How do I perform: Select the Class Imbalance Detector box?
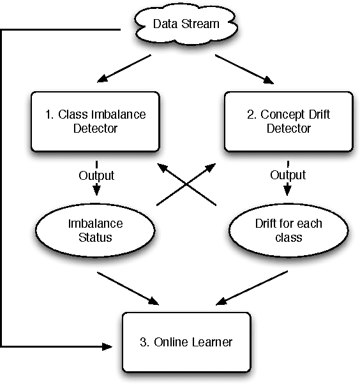coord(95,121)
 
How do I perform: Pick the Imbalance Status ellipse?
coord(95,231)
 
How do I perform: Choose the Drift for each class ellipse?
coord(288,231)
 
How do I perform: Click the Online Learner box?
coord(186,342)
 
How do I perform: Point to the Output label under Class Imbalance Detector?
coord(96,175)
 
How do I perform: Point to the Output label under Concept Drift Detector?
coord(288,175)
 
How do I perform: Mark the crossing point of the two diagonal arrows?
coord(186,185)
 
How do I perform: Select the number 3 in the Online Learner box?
coord(142,342)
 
